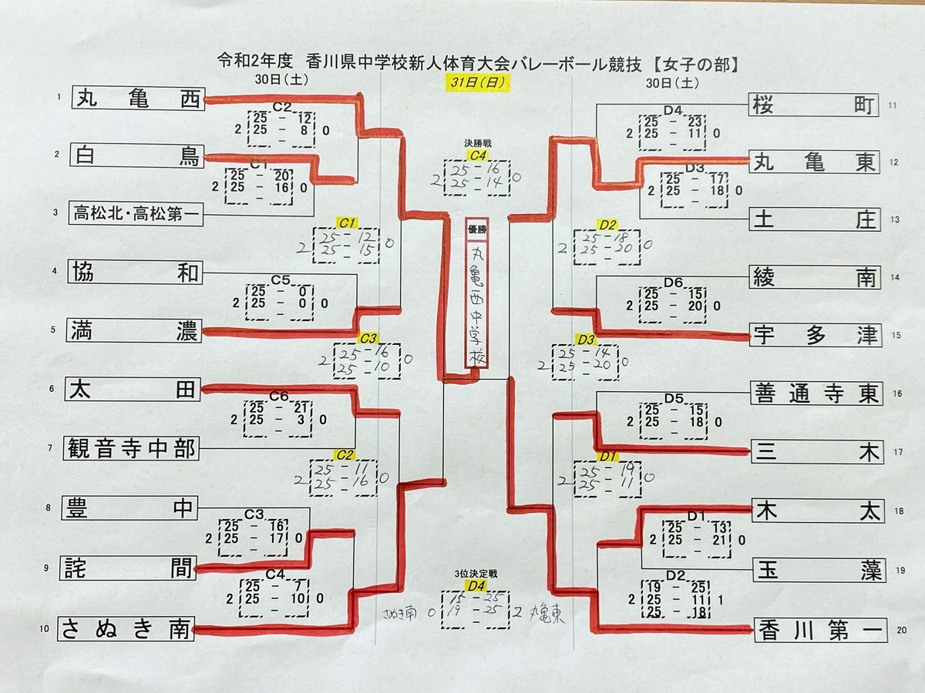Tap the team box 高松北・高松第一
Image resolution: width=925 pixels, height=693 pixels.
pos(137,213)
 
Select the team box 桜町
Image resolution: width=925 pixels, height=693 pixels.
pos(814,105)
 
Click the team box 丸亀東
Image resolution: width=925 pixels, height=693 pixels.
pos(815,162)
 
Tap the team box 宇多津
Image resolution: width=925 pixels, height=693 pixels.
pos(816,335)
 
